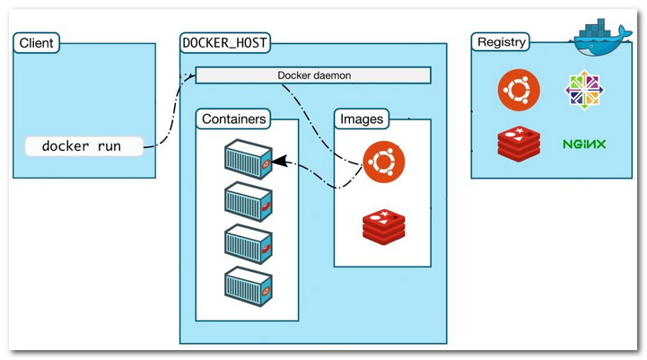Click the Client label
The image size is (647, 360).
click(x=36, y=42)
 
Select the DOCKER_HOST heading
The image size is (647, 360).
click(x=225, y=42)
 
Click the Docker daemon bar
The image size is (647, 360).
click(x=313, y=75)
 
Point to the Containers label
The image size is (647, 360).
click(x=233, y=119)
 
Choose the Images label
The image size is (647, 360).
click(x=362, y=119)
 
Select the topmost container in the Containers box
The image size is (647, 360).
click(x=248, y=158)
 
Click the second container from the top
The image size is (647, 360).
click(x=248, y=200)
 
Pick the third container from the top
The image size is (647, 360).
click(x=248, y=242)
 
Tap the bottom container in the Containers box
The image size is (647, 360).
click(x=248, y=285)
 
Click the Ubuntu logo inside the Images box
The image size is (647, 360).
click(x=384, y=162)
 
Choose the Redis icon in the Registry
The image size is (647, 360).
click(x=518, y=143)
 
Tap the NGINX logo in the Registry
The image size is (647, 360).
click(x=584, y=144)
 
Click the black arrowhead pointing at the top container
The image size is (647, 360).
click(x=279, y=162)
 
